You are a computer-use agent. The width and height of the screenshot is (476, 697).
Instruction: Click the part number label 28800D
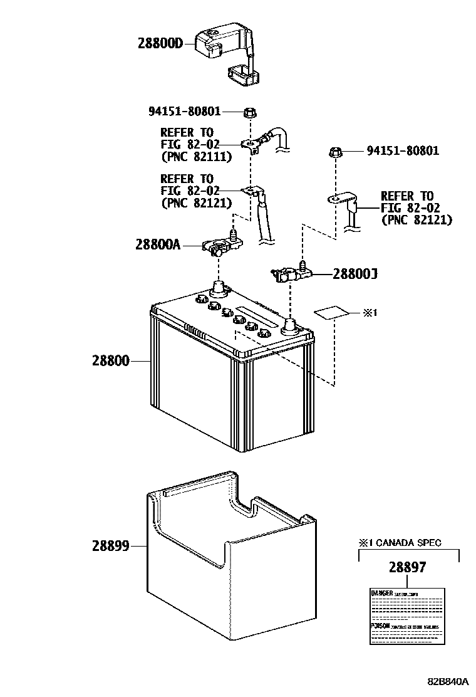click(x=160, y=43)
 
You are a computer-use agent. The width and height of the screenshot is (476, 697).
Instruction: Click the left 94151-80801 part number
click(x=184, y=112)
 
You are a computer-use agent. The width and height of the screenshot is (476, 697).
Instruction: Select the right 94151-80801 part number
click(x=403, y=151)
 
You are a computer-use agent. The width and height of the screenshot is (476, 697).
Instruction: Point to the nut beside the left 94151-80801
click(x=249, y=112)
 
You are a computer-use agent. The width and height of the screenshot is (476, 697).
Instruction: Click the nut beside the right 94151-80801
click(x=335, y=152)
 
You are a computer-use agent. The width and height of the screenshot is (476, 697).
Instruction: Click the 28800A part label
click(x=157, y=245)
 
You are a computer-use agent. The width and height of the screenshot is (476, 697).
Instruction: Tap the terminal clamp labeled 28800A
click(x=216, y=248)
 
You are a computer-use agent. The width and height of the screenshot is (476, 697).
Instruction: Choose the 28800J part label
click(x=354, y=274)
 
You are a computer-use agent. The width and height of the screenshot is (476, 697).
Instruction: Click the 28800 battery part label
click(x=110, y=361)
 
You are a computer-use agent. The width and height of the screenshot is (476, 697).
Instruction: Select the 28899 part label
click(x=110, y=546)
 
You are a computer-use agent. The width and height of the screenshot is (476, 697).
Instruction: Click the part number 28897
click(x=407, y=568)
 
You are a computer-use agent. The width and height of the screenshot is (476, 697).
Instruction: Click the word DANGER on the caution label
click(x=381, y=593)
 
